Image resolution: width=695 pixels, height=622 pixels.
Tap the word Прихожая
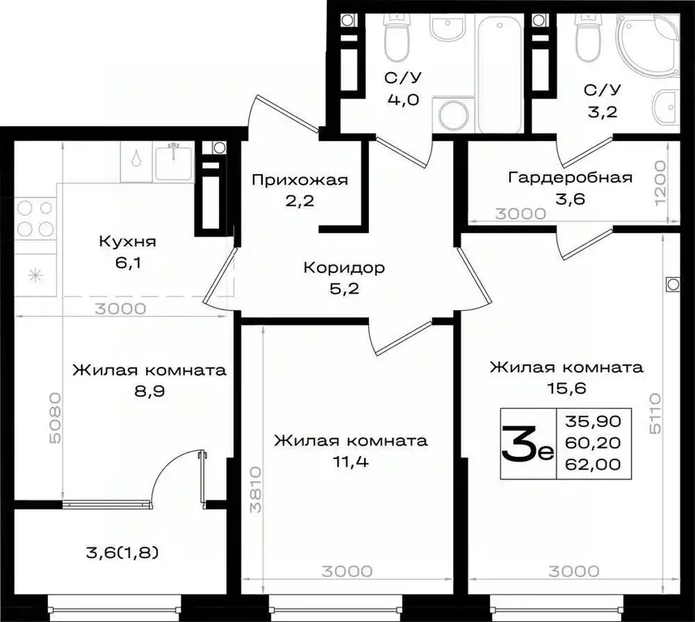coord(299,180)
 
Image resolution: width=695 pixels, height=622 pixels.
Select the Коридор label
coord(344,268)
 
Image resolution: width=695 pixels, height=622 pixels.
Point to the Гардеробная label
coord(570,178)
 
